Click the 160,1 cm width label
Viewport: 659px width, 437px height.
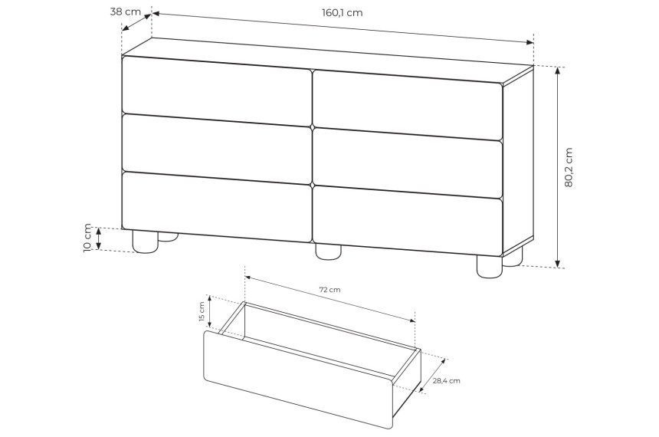(x=342, y=12)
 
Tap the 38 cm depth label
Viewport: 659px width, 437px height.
(x=125, y=11)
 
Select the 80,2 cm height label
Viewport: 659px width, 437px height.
(x=569, y=167)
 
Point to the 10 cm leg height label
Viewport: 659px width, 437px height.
(x=87, y=238)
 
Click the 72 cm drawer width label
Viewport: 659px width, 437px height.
(x=330, y=290)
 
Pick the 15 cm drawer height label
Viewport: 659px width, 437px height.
(x=201, y=312)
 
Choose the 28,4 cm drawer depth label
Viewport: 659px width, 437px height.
(x=446, y=380)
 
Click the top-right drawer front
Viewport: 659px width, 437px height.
(x=408, y=104)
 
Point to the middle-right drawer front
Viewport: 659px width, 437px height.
(x=408, y=163)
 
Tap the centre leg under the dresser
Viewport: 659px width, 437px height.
(x=328, y=252)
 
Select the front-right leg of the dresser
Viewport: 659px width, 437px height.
(x=490, y=267)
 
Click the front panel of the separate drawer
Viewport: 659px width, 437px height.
(x=298, y=379)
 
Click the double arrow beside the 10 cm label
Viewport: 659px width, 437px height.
(x=98, y=238)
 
